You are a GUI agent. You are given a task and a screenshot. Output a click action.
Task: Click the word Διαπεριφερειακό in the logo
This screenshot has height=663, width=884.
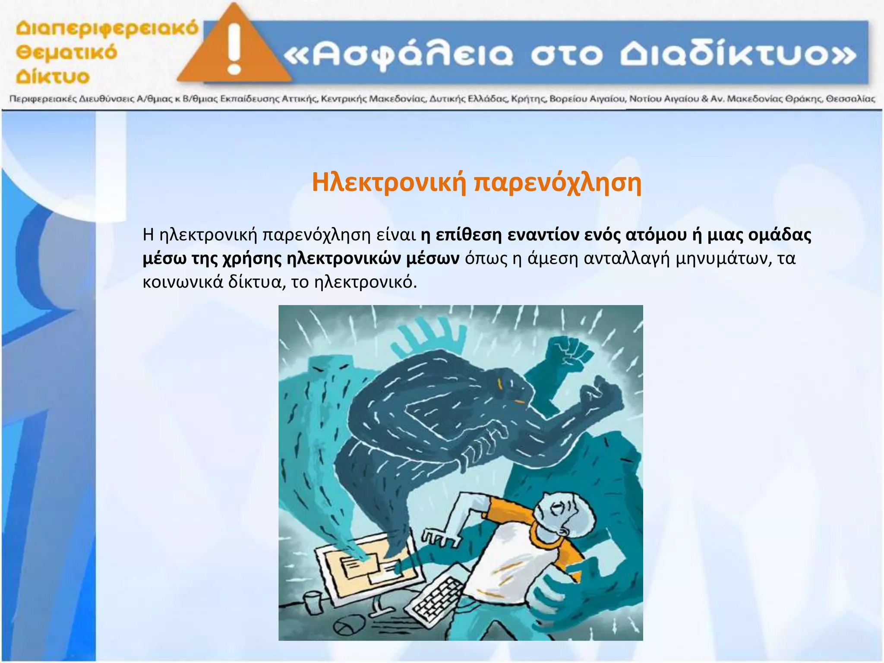pyautogui.click(x=107, y=29)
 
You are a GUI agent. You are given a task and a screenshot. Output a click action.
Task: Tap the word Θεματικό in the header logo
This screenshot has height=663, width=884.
pyautogui.click(x=66, y=53)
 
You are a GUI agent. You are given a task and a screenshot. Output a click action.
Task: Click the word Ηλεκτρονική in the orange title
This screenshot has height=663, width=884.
pyautogui.click(x=389, y=183)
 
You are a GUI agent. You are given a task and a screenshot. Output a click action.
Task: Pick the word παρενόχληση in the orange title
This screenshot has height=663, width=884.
pyautogui.click(x=557, y=183)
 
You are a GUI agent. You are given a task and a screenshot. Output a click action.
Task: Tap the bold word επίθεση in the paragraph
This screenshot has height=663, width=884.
pyautogui.click(x=469, y=235)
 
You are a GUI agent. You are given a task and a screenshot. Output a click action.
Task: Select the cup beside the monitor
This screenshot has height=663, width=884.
pyautogui.click(x=313, y=603)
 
